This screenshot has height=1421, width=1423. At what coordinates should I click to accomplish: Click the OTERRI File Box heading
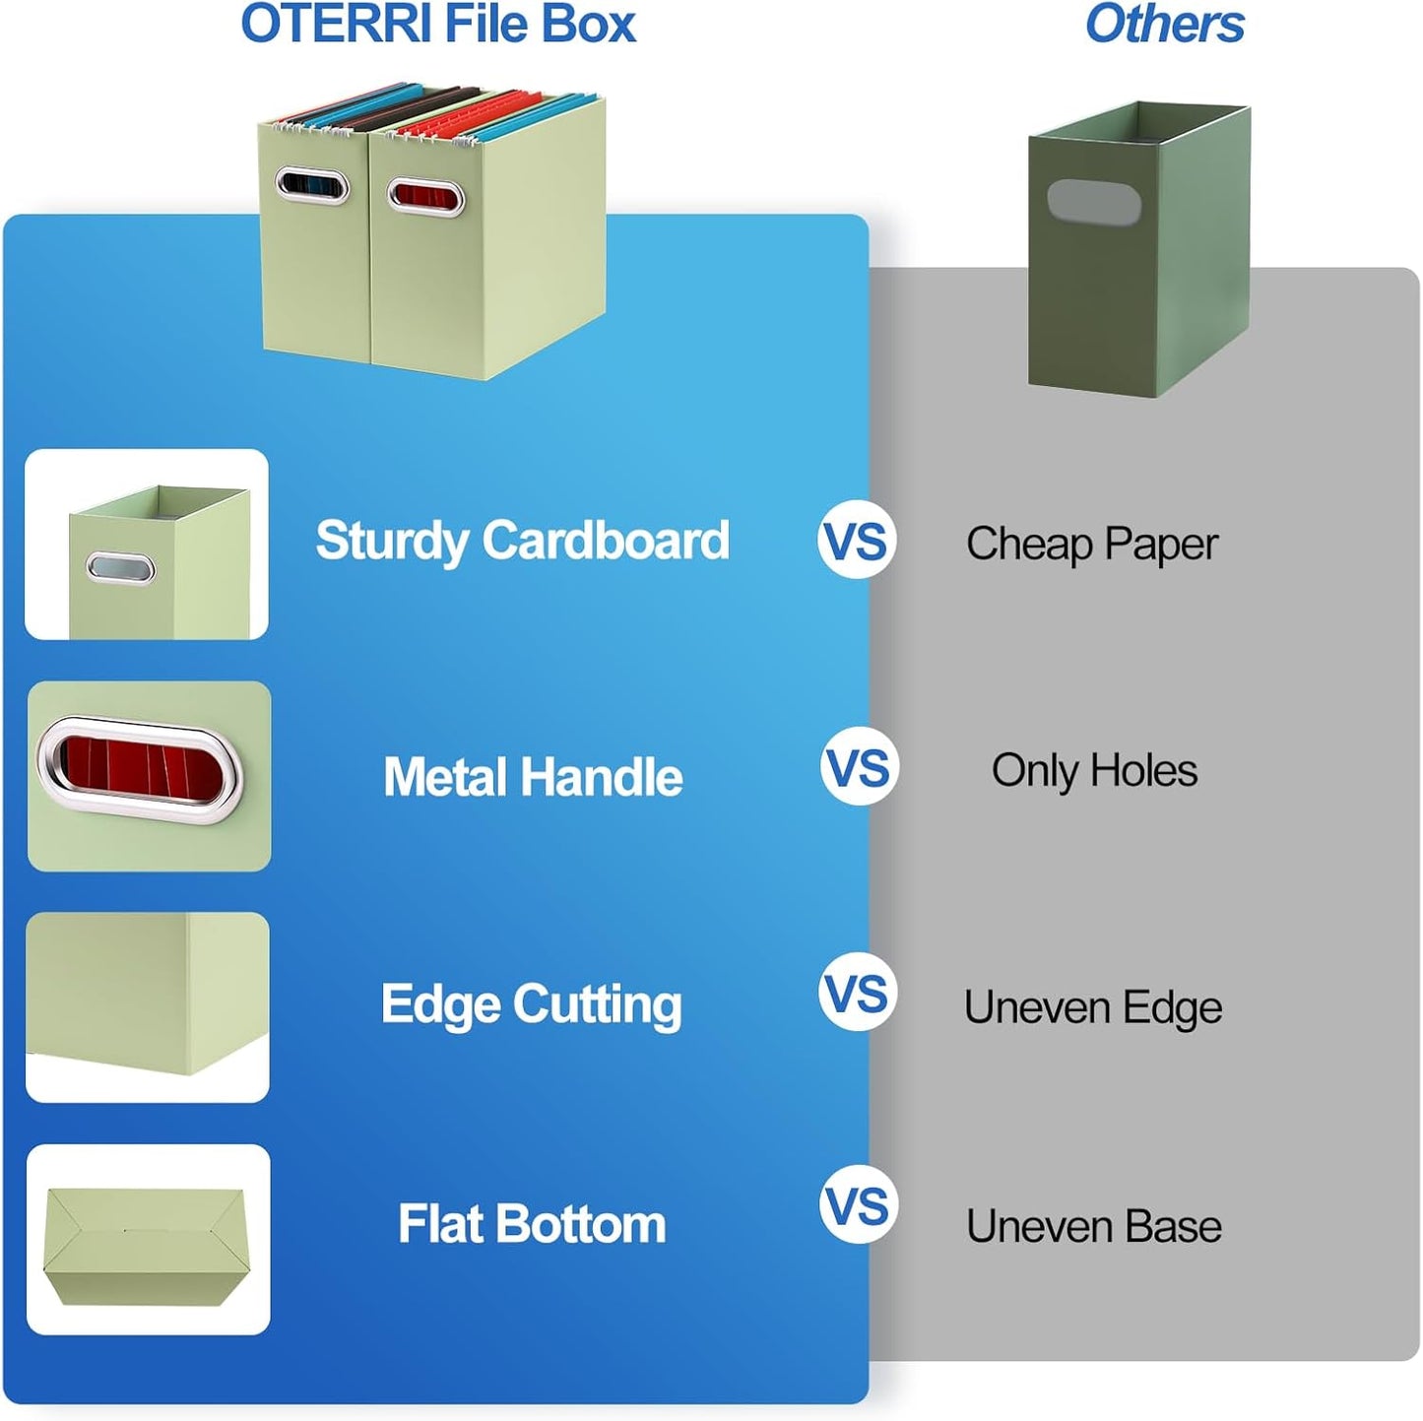click(438, 25)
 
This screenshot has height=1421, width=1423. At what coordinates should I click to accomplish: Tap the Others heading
click(1164, 25)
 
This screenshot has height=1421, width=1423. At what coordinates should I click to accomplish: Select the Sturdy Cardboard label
click(522, 542)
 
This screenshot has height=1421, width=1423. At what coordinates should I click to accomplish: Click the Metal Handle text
click(533, 777)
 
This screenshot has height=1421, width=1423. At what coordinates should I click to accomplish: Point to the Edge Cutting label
click(531, 1004)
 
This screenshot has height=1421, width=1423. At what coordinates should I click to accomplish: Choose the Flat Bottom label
click(532, 1224)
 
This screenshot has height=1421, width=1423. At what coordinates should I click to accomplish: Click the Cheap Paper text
click(1091, 544)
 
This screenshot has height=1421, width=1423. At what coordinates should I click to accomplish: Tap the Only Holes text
click(1094, 770)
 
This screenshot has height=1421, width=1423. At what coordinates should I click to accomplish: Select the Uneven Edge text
click(1093, 1007)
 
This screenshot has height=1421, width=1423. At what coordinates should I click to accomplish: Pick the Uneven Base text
click(1093, 1227)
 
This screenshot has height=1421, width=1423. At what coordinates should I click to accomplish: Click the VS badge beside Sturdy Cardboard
click(857, 542)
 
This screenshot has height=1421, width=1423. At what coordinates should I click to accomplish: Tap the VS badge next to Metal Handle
click(860, 767)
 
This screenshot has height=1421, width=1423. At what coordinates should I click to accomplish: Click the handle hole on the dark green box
click(1093, 201)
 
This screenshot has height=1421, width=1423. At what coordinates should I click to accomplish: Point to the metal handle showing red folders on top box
click(425, 196)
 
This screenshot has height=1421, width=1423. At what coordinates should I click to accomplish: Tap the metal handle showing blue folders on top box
click(312, 185)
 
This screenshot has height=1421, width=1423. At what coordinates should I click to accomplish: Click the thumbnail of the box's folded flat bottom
click(148, 1240)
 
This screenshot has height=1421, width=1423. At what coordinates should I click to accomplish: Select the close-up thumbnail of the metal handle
click(149, 776)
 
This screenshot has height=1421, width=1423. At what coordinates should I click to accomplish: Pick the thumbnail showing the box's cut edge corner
click(148, 1007)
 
